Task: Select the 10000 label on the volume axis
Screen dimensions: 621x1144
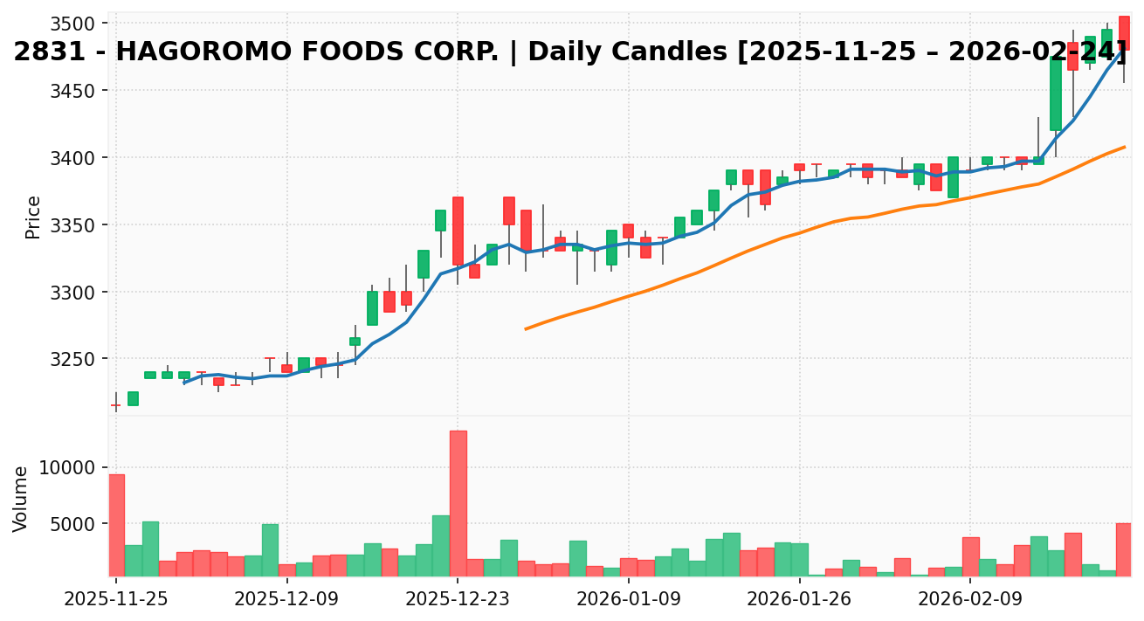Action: click(x=75, y=467)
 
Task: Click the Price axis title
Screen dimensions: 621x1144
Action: click(x=33, y=217)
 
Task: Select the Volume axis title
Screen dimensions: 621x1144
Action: click(x=21, y=498)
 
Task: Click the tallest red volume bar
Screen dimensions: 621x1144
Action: click(x=458, y=503)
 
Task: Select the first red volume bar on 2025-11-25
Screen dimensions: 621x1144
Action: click(x=116, y=525)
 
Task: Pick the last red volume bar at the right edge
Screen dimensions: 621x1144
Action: click(x=1124, y=549)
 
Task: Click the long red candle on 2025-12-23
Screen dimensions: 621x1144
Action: click(x=458, y=231)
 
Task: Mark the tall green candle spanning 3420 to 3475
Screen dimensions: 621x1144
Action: click(x=1055, y=94)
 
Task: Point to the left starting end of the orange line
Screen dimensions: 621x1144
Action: click(x=526, y=328)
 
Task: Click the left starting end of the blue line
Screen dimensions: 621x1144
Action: click(x=184, y=383)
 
